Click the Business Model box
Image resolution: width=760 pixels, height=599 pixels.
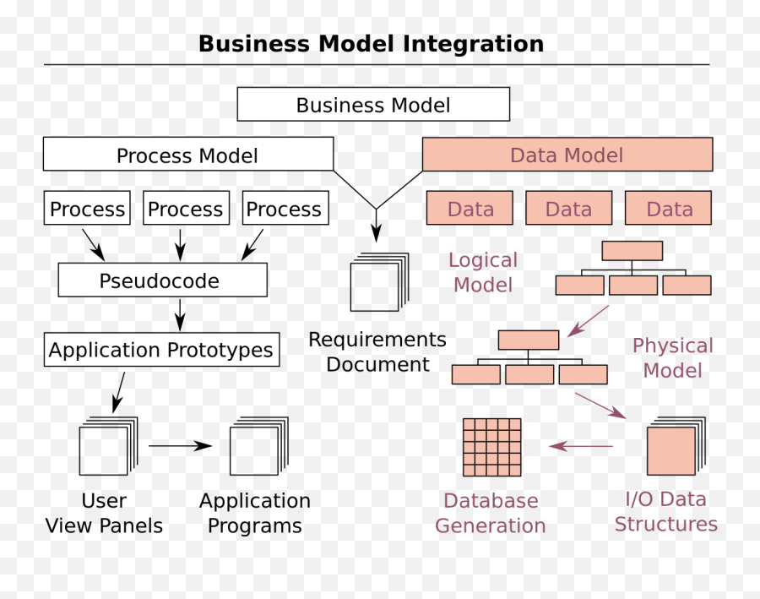point(373,105)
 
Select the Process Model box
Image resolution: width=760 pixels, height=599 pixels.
point(187,155)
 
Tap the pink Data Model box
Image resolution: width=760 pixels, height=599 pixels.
point(567,155)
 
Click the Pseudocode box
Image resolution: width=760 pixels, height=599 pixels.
point(162,280)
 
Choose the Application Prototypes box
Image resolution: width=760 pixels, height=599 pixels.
point(160,350)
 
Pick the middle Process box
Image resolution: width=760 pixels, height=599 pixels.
point(186,209)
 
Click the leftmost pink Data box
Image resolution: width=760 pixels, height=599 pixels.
point(470,209)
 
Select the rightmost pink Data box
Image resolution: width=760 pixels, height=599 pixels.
point(668,209)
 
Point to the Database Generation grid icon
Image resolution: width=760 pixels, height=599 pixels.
point(491,447)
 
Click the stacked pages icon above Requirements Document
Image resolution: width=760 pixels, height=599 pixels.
point(377,282)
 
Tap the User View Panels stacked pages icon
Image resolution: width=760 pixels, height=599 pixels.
point(106,447)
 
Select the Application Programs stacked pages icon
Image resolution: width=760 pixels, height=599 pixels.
point(257,447)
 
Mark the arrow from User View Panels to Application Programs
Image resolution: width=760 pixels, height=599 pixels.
point(180,446)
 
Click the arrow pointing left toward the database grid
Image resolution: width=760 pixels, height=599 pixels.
point(581,446)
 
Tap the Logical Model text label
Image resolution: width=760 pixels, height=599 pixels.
point(483,273)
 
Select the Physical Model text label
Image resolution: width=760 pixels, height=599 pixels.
point(672,358)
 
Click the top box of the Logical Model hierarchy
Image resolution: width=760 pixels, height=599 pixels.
point(632,250)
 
